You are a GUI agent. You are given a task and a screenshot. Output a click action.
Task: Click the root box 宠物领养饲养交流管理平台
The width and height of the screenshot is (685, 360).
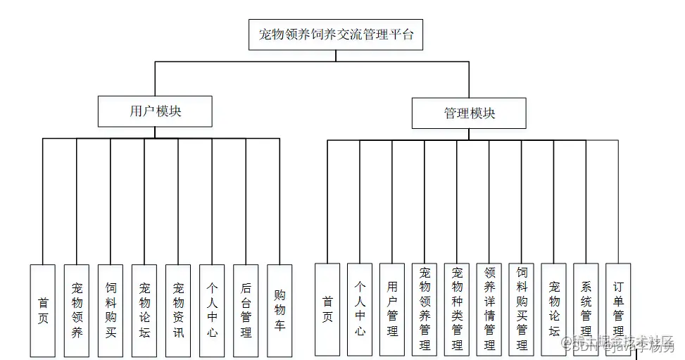(x=336, y=35)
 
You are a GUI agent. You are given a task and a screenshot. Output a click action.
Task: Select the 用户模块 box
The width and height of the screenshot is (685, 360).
(x=155, y=111)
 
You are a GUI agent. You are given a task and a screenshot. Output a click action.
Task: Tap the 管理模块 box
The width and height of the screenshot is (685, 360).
(x=469, y=113)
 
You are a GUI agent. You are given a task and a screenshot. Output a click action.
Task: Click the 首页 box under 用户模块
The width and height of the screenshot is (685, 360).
(x=43, y=310)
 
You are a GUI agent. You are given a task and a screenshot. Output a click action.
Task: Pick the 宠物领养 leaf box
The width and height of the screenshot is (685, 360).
(x=77, y=310)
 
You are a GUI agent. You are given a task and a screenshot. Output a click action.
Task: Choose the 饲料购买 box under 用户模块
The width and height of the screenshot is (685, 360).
(x=111, y=310)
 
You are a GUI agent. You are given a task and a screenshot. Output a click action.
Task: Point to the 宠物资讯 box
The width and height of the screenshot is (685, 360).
(x=178, y=310)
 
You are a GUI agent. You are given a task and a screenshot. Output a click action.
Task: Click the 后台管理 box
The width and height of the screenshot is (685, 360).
(x=246, y=310)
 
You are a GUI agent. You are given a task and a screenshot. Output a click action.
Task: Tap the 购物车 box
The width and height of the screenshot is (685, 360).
(x=279, y=310)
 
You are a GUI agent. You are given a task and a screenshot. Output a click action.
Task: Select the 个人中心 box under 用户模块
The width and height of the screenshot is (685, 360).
(x=212, y=310)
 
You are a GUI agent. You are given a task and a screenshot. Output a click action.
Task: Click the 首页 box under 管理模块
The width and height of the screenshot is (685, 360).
(x=327, y=309)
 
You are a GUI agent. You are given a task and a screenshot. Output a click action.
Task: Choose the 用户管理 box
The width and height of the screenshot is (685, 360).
(x=392, y=309)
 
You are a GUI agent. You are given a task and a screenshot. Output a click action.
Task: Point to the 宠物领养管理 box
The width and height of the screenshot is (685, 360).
(x=425, y=309)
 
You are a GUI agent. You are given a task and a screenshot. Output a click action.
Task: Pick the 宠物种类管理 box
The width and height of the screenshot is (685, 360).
(x=457, y=309)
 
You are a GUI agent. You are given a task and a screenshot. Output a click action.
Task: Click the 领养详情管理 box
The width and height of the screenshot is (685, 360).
(x=489, y=309)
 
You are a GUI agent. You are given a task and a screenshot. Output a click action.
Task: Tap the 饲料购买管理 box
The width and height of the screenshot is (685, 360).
(x=522, y=309)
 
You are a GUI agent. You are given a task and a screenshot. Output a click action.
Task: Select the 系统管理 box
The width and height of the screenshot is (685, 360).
(x=586, y=309)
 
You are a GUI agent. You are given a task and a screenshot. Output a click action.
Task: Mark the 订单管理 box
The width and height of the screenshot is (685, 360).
(x=618, y=309)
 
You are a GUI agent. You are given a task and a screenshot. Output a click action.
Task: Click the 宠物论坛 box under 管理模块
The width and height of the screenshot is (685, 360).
(x=554, y=309)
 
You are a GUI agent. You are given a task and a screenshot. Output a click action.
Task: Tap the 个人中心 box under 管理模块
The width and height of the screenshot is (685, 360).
(x=360, y=309)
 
